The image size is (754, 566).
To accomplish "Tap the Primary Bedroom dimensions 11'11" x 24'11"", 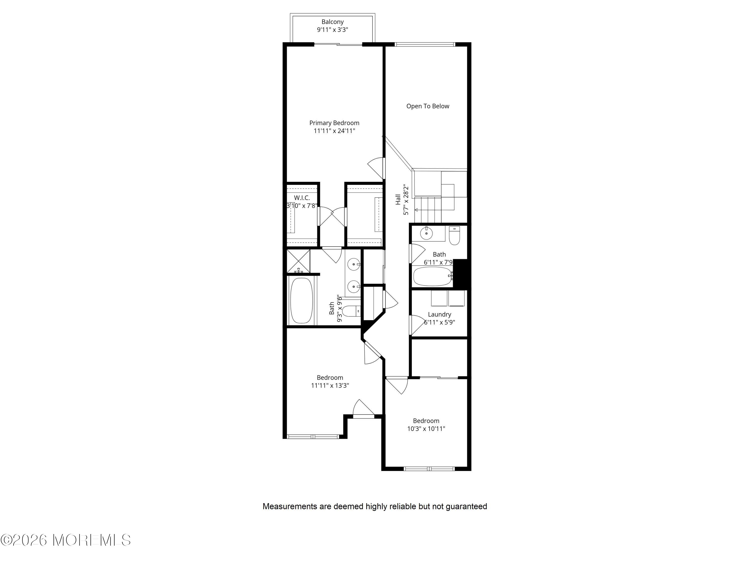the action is [x=334, y=131].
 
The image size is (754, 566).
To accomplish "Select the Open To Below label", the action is [x=428, y=106].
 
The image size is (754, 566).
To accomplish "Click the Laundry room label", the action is [x=439, y=314].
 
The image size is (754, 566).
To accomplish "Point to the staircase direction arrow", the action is [x=428, y=210].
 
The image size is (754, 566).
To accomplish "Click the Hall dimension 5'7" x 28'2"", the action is [x=406, y=200].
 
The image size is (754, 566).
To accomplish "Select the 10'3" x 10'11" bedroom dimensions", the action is [x=426, y=428].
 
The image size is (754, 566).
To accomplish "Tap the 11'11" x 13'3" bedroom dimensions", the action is [x=330, y=386].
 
